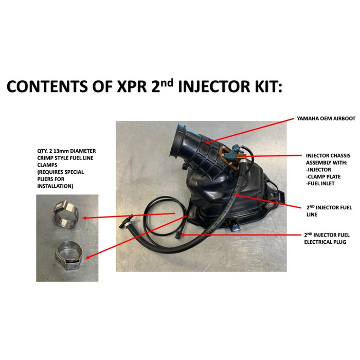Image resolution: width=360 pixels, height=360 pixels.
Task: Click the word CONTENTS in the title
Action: [x=47, y=86]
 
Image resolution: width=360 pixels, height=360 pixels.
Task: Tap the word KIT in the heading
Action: [x=267, y=86]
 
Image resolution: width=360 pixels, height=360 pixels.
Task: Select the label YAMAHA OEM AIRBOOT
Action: [x=326, y=118]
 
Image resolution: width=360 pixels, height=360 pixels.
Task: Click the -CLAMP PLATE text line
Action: [x=323, y=176]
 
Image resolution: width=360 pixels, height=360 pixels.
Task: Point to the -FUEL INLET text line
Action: [x=320, y=184]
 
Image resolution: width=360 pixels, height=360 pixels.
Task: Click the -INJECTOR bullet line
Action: [x=318, y=170]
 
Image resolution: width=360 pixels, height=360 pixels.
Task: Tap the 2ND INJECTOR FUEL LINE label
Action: [x=329, y=211]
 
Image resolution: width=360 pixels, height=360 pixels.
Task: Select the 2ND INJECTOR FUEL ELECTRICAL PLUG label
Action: [x=327, y=238]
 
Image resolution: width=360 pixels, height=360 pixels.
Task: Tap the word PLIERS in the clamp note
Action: [x=45, y=179]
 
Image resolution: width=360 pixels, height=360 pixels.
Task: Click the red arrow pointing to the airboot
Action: [x=249, y=131]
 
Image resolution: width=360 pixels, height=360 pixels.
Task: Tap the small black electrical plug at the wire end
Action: [x=178, y=236]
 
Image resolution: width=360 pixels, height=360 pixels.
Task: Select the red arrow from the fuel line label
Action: [x=268, y=202]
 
